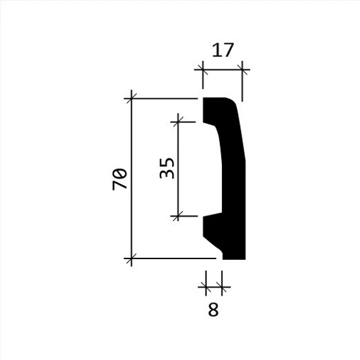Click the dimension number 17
tap(223, 50)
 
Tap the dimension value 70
tap(119, 179)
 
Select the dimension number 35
tap(167, 168)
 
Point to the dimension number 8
tap(213, 310)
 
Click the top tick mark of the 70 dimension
tap(132, 98)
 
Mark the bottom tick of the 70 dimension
tap(132, 259)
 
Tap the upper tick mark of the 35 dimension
tap(178, 122)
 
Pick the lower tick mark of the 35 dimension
tap(178, 216)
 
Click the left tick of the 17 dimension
tap(203, 69)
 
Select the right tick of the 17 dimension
tap(242, 69)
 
